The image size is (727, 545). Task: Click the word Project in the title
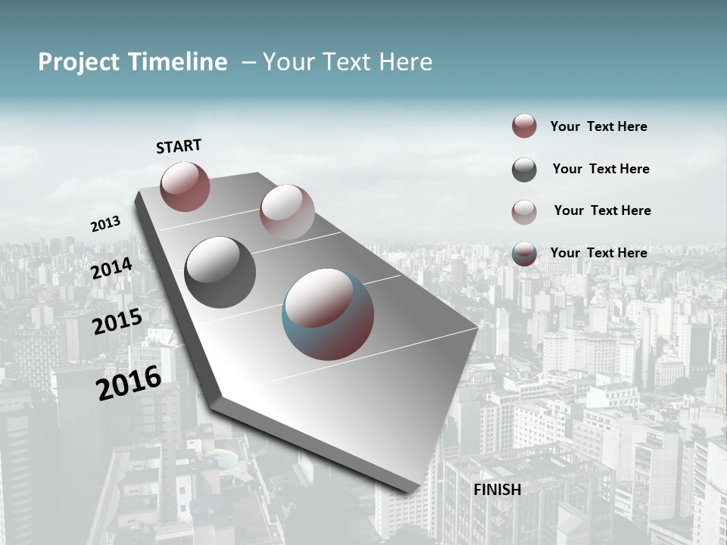[x=78, y=63]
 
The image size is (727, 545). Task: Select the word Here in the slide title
[x=405, y=62]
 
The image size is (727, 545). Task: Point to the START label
[x=179, y=146]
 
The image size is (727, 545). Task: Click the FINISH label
[x=497, y=490]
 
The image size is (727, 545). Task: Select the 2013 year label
[x=105, y=224]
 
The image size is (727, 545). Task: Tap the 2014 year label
[x=111, y=268]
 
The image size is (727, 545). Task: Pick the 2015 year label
[x=117, y=322]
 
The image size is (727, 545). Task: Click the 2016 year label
[x=129, y=383]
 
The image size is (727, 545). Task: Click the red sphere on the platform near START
[x=185, y=186]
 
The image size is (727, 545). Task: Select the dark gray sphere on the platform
[x=220, y=272]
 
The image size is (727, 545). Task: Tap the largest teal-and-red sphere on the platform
[x=328, y=314]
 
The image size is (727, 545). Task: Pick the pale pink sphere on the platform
[x=286, y=212]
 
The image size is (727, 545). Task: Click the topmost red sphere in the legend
[x=524, y=126]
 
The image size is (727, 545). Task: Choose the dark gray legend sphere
[x=524, y=170]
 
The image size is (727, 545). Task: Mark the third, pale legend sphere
[x=524, y=212]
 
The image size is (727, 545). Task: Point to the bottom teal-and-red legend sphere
[x=524, y=254]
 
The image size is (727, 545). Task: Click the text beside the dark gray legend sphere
[x=601, y=169]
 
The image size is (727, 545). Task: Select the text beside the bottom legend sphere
[x=598, y=253]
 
